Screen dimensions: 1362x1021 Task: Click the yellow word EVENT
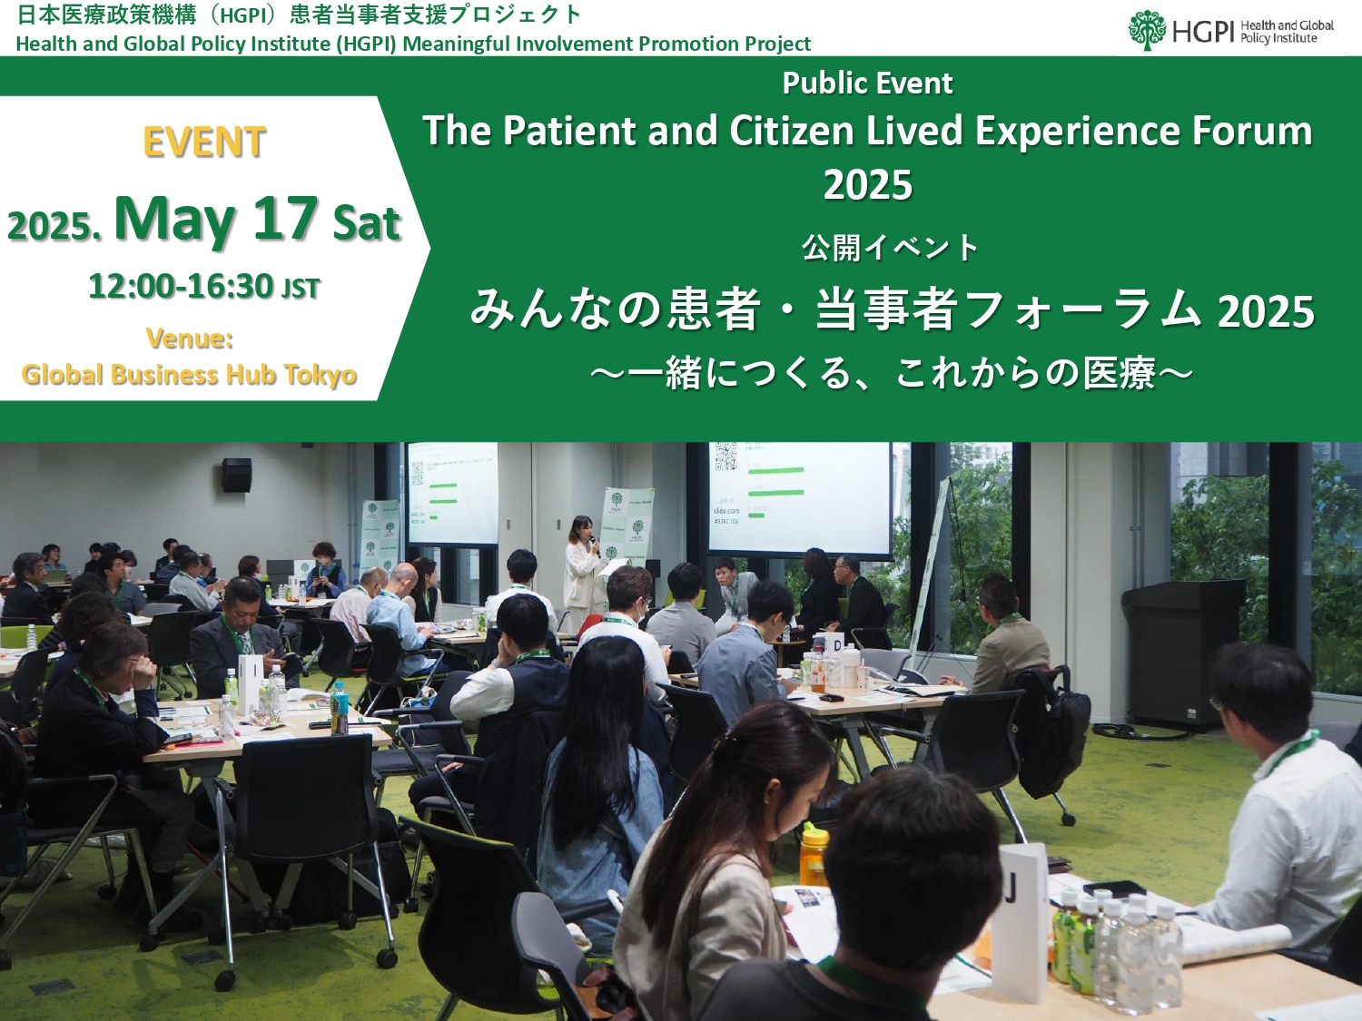pos(204,142)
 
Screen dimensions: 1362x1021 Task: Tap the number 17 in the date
pos(285,218)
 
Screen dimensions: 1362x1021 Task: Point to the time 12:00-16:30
pos(181,287)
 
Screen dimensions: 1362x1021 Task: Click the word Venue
pos(189,339)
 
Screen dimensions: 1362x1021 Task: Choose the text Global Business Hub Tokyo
pos(189,375)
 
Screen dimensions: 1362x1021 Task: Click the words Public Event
pos(867,83)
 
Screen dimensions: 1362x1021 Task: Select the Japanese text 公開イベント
pos(890,248)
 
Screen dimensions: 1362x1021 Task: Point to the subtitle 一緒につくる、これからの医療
pos(892,374)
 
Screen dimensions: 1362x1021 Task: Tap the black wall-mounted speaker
pos(237,475)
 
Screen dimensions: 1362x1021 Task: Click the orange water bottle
pos(814,855)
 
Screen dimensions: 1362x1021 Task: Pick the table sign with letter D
pos(836,646)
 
